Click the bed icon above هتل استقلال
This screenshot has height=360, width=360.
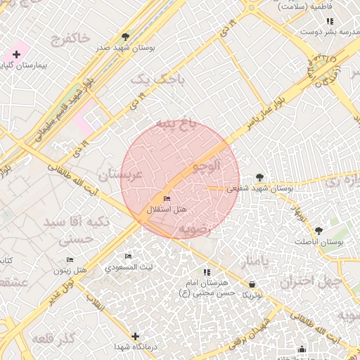coord(167,199)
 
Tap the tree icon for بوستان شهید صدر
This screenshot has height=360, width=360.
coord(125,36)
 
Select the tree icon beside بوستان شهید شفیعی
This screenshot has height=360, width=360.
coord(260,177)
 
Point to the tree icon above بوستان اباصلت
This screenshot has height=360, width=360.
coord(319,231)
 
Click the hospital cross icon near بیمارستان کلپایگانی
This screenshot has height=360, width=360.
coord(16,54)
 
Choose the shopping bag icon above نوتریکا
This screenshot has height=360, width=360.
coord(252,284)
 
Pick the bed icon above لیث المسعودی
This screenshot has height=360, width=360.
coord(128,257)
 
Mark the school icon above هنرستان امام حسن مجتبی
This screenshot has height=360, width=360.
coord(206,272)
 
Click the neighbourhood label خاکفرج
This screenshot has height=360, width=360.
coord(70,38)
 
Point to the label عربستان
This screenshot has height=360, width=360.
coord(122,174)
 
